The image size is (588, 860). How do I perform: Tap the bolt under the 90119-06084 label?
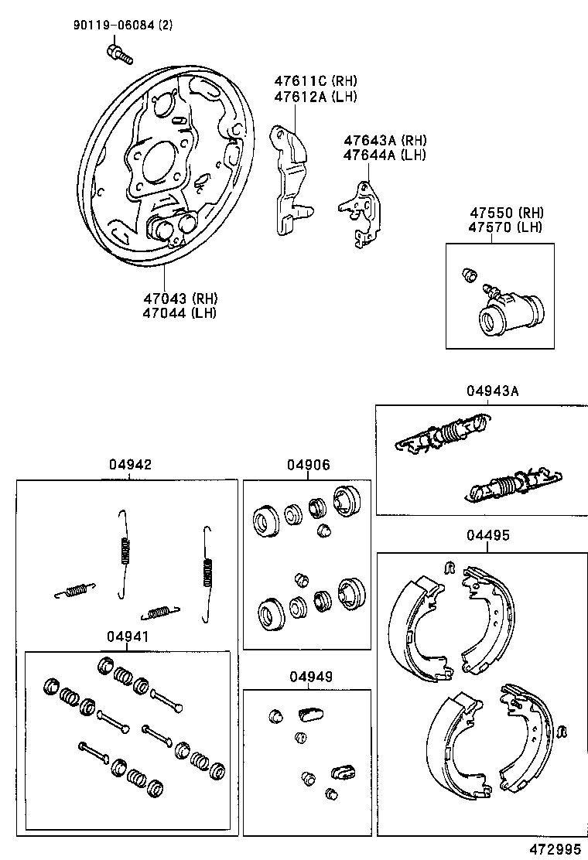click(118, 53)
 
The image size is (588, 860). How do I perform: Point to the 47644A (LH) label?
click(385, 155)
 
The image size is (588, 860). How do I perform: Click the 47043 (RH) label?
click(179, 298)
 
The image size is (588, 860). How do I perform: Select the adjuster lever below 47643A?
click(362, 212)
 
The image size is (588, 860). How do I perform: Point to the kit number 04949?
click(311, 676)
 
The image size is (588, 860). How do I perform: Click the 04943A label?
click(492, 391)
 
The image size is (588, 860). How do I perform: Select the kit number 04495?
click(488, 535)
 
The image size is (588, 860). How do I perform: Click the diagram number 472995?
click(553, 848)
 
